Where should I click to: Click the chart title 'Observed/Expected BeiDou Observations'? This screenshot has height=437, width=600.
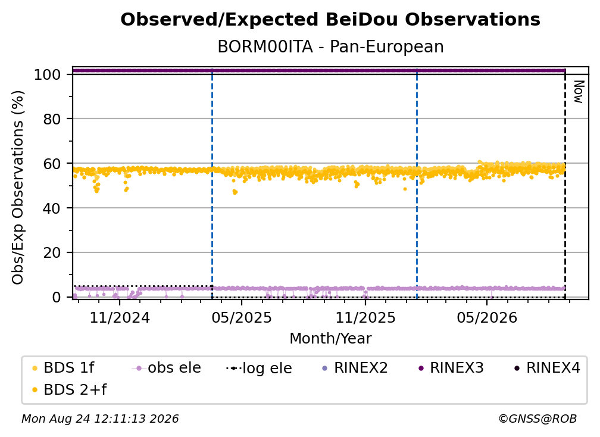[330, 20]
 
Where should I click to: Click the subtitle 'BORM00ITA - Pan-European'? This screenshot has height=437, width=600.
[330, 46]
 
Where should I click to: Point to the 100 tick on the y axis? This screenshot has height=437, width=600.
[48, 74]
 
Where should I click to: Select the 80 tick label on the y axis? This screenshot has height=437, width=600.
[52, 119]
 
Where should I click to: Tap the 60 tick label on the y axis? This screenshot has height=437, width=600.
[52, 164]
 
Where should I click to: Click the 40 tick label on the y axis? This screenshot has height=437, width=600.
[52, 208]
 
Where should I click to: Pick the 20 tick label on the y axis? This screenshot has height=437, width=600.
[52, 252]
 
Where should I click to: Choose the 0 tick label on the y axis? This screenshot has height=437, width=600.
[57, 297]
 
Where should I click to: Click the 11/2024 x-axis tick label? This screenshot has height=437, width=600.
[120, 317]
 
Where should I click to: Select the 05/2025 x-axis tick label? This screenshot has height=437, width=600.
[242, 317]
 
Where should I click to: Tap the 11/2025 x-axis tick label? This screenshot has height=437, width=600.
[365, 317]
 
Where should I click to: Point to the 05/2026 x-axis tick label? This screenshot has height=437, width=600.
[487, 317]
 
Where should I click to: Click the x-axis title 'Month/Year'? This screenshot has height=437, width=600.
[330, 339]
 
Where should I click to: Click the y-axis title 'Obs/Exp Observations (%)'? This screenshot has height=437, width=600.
[18, 188]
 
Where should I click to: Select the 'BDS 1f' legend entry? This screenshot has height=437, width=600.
[63, 368]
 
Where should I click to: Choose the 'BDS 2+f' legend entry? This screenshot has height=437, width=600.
[69, 389]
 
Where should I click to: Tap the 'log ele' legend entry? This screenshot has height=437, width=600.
[260, 368]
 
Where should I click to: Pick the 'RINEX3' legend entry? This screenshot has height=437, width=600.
[451, 368]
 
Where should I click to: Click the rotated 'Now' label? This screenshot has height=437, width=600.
[579, 92]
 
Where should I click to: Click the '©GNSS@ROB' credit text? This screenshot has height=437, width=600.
[537, 419]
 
